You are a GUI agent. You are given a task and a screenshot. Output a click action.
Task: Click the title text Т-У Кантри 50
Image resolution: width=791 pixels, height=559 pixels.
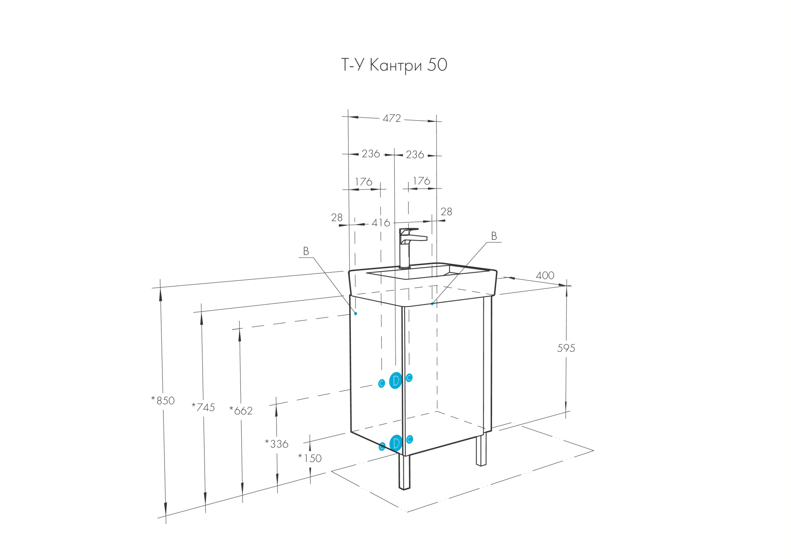[x=394, y=65]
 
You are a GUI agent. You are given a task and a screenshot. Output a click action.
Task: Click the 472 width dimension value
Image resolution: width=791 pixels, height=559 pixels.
[x=392, y=118]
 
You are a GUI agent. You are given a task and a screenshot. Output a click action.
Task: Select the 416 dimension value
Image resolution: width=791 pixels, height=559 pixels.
[x=380, y=223]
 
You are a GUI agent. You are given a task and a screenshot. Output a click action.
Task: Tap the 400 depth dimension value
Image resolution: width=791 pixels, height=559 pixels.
[x=545, y=275]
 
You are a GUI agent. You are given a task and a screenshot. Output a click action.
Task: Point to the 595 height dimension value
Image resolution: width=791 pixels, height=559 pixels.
[x=566, y=348]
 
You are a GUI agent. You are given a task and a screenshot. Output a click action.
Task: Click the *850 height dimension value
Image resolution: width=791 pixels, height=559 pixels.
[x=163, y=400]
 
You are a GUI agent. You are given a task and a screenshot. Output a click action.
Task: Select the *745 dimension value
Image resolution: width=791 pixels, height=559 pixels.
[x=203, y=407]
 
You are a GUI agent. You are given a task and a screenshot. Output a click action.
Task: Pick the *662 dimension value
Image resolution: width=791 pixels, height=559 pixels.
[x=241, y=411]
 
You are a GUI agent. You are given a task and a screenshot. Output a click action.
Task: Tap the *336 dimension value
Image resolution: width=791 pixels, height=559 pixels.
[x=276, y=444]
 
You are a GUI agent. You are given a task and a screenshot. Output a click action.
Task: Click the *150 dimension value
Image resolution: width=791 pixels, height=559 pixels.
[x=310, y=458]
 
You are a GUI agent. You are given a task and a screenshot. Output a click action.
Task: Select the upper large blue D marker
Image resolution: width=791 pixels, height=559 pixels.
[x=395, y=381]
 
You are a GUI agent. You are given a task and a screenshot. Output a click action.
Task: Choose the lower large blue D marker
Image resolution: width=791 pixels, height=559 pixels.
[x=396, y=443]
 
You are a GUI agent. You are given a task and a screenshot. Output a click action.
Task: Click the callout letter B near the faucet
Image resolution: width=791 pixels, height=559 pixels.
[x=494, y=236]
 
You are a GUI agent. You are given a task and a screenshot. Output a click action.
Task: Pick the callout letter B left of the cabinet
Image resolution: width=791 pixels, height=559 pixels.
[x=306, y=251]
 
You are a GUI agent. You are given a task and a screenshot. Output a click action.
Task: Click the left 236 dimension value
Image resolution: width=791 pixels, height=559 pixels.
[x=371, y=153]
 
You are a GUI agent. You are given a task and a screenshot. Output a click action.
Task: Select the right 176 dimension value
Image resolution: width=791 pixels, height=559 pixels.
[x=421, y=181]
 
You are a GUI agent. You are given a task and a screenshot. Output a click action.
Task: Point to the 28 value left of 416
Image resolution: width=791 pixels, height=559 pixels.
[x=337, y=217]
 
